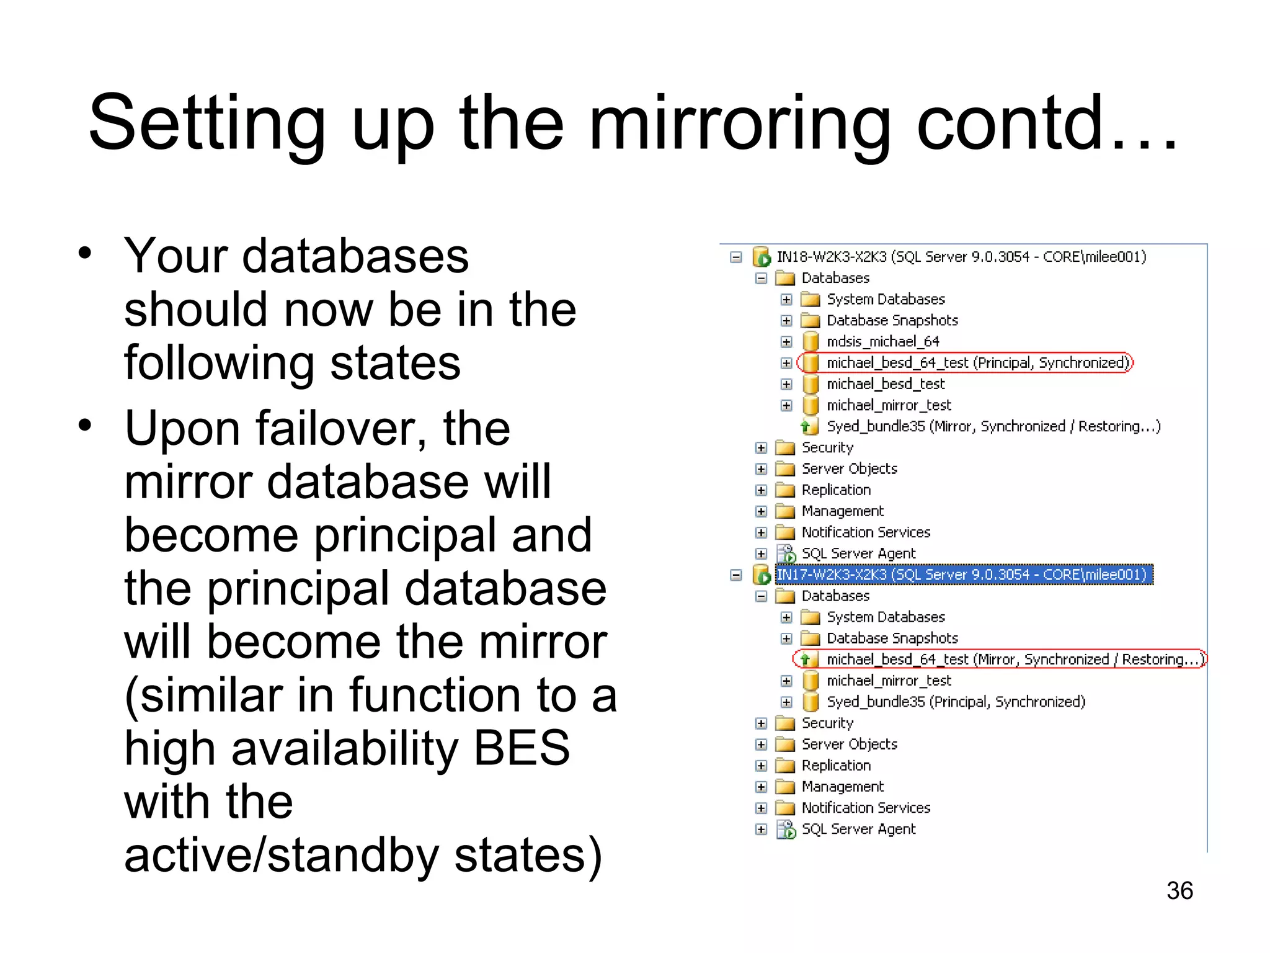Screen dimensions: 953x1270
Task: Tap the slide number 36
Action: click(x=1179, y=890)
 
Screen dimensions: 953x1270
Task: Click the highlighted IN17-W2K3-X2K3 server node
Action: click(x=964, y=575)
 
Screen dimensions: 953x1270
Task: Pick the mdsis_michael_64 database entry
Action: click(x=882, y=341)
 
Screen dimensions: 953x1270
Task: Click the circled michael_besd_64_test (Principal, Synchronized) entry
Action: click(x=977, y=362)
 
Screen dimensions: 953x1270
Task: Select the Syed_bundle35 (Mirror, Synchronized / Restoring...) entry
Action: click(x=993, y=426)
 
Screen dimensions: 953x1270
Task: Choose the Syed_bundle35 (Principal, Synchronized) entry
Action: click(x=956, y=702)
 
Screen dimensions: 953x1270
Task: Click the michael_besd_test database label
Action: click(x=885, y=384)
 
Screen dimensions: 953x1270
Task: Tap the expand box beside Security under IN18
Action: click(x=762, y=448)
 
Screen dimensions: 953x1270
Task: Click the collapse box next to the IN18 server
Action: click(x=736, y=257)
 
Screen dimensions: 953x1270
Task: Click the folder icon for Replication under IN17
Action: click(x=786, y=766)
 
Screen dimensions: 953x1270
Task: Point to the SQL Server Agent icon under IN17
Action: click(x=786, y=830)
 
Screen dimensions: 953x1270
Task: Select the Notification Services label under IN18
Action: click(x=866, y=532)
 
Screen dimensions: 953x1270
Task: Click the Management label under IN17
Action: click(x=842, y=787)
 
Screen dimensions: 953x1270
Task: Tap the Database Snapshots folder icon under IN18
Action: click(x=810, y=320)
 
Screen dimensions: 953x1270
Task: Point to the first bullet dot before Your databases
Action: click(x=85, y=253)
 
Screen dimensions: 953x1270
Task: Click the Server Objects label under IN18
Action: click(x=849, y=469)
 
